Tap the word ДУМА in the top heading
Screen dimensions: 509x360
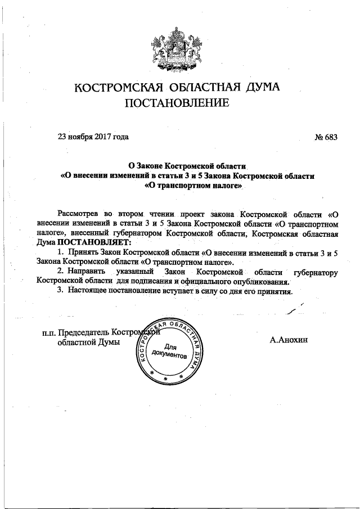point(256,88)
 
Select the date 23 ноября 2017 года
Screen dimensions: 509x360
point(93,137)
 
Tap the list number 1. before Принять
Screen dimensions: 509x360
point(61,251)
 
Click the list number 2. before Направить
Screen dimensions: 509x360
point(61,272)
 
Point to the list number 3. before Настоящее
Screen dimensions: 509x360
point(61,291)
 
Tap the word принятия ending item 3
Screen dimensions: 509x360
point(277,291)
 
